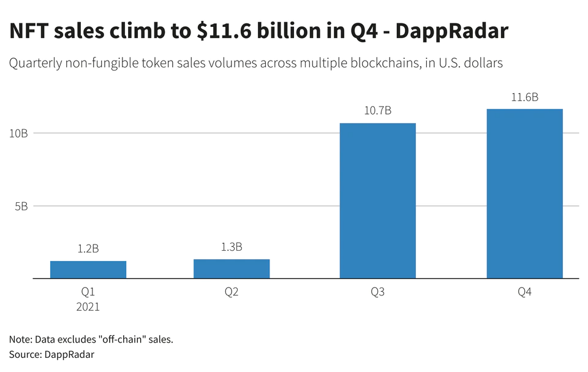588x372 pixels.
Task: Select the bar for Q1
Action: [88, 270]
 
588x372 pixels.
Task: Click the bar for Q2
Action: [232, 268]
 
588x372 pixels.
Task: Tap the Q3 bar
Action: [378, 200]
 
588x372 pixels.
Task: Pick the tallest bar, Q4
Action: [524, 194]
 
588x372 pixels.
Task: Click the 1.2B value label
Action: [88, 249]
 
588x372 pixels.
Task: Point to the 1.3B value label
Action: [232, 247]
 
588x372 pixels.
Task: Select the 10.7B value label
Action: [378, 111]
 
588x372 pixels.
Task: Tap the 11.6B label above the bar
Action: [524, 97]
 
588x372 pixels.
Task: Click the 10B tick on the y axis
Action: [18, 133]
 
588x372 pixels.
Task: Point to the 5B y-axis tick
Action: [21, 207]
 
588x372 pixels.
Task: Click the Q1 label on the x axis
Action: [88, 292]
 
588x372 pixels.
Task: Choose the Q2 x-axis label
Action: [232, 292]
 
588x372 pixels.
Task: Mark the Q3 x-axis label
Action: [378, 292]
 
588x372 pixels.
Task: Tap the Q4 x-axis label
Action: [524, 292]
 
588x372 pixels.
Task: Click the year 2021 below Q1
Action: [88, 307]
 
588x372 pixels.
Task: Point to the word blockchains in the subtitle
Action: [358, 63]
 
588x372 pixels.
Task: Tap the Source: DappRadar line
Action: [52, 354]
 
